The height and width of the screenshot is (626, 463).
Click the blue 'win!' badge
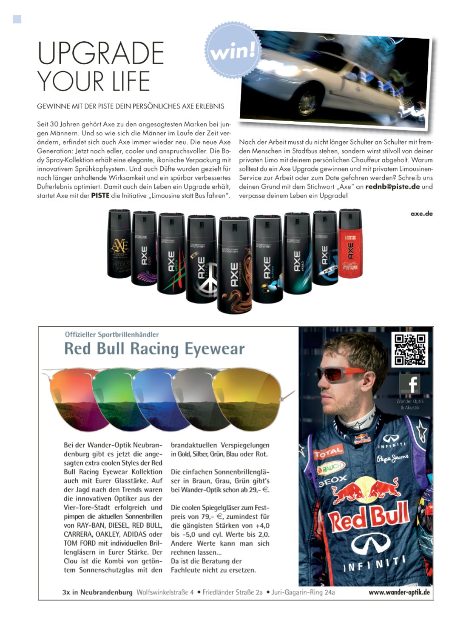(233, 51)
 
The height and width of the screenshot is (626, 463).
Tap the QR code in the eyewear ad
(409, 349)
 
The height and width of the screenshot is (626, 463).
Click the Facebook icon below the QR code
(409, 384)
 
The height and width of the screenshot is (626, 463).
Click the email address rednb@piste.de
(392, 187)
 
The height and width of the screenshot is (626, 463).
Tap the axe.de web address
(421, 214)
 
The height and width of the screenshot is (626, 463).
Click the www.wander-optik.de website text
(399, 592)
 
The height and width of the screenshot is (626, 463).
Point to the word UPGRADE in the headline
(101, 53)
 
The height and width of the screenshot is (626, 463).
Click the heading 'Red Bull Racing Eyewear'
(154, 349)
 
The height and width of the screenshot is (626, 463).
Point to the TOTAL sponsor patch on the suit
(328, 452)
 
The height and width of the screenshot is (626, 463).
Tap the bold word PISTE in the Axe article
(100, 196)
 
